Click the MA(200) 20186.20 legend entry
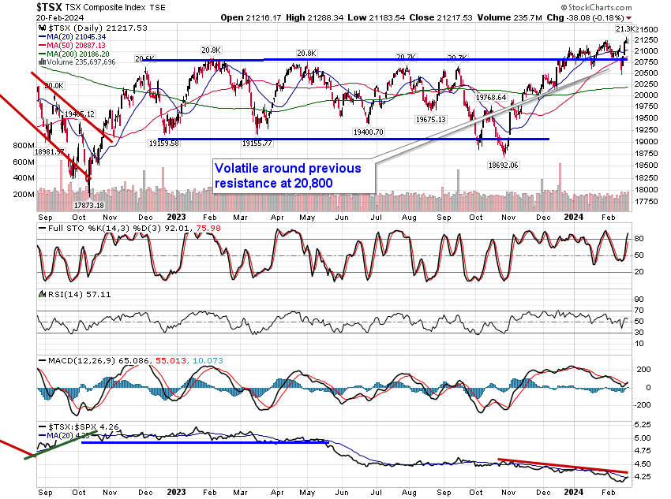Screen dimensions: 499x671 click(x=76, y=54)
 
